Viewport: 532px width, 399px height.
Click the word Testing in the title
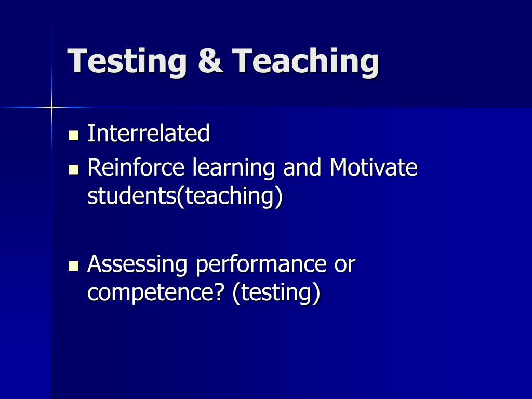point(127,61)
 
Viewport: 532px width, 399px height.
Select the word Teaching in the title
point(305,61)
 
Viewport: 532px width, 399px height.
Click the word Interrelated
point(149,133)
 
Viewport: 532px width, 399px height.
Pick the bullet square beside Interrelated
point(73,136)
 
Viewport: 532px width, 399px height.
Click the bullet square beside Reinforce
point(73,169)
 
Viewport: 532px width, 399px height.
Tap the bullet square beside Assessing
point(73,265)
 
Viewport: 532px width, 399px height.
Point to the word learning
point(234,168)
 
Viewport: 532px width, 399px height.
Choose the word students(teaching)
point(185,197)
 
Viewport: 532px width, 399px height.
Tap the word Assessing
point(137,264)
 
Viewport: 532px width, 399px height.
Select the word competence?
point(156,293)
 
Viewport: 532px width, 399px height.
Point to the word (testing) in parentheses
point(276,293)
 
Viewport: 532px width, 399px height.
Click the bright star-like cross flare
point(51,107)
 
